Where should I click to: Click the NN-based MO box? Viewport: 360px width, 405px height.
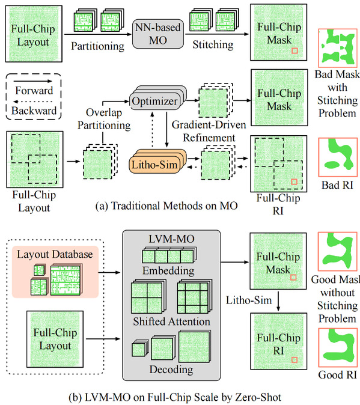158,34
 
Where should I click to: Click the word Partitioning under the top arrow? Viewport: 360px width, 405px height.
97,46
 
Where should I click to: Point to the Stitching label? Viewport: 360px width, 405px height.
213,44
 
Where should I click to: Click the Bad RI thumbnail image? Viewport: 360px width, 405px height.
338,157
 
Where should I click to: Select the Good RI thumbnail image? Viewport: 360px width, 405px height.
338,348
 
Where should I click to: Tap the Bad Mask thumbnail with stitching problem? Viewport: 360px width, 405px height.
338,48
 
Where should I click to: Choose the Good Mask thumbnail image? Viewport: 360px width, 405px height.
338,251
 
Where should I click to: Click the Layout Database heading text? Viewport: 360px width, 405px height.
55,254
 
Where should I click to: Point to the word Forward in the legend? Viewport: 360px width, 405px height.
34,90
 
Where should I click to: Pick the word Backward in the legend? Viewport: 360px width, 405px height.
34,111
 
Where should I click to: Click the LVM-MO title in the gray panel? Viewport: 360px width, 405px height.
171,239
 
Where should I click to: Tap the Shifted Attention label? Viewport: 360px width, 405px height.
171,321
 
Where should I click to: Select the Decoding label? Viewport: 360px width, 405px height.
171,370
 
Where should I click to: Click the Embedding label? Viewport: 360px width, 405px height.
168,270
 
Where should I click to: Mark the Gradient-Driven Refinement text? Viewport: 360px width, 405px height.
209,131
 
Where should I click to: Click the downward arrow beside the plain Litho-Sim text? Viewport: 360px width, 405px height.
278,301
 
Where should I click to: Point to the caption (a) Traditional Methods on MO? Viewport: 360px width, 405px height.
166,206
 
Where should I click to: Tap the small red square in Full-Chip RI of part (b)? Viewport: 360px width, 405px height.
294,360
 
